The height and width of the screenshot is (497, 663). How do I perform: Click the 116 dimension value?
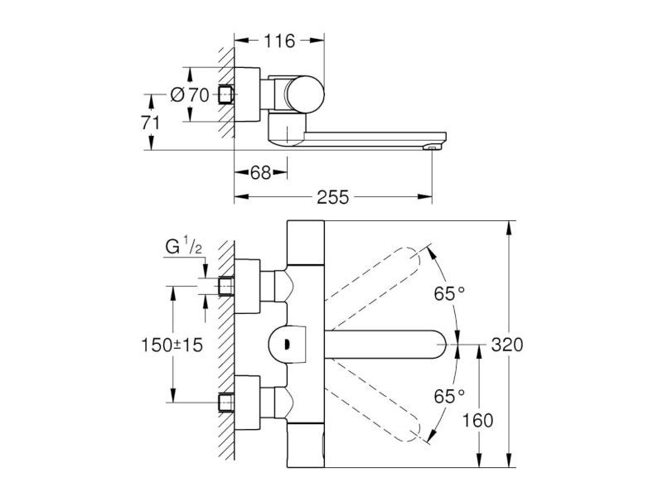[279, 41]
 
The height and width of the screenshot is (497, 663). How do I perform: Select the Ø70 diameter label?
[190, 94]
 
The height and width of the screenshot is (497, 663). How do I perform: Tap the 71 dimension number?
[151, 123]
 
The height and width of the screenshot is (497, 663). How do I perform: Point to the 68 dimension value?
[260, 172]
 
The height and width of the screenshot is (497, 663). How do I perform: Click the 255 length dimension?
[333, 197]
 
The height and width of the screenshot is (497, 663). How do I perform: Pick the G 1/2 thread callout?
[183, 246]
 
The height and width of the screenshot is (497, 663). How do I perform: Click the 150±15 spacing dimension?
[172, 345]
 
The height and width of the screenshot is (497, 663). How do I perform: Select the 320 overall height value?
[507, 345]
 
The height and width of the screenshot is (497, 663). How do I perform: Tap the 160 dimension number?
[477, 421]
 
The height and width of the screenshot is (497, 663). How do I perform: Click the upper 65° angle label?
[449, 294]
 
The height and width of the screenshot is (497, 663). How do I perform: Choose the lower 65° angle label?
[449, 397]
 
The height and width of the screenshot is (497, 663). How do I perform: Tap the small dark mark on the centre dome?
[288, 345]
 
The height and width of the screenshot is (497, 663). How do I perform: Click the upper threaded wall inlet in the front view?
[225, 287]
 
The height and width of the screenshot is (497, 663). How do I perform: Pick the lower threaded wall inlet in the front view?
[225, 403]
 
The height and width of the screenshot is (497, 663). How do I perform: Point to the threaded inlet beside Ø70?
[226, 94]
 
